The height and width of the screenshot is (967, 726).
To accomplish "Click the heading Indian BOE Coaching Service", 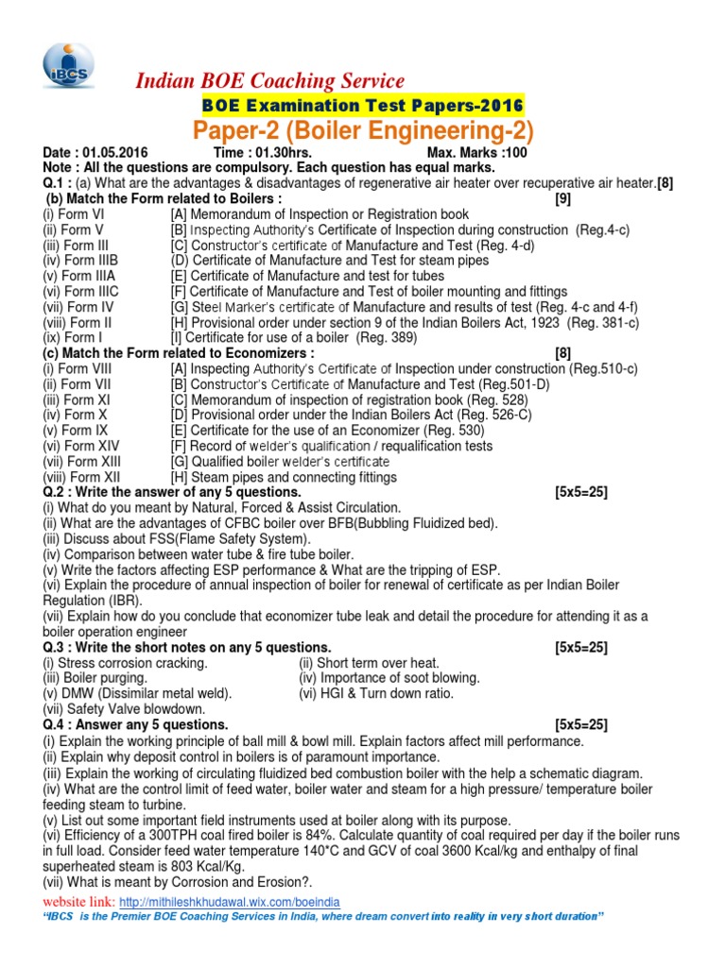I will (x=270, y=81).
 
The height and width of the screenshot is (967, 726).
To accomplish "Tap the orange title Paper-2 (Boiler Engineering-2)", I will (x=363, y=128).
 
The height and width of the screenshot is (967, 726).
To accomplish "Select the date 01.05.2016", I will (x=122, y=152).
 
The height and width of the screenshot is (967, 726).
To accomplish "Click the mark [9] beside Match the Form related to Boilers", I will (x=565, y=199).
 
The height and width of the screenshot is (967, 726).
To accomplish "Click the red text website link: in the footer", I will (x=84, y=901).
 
